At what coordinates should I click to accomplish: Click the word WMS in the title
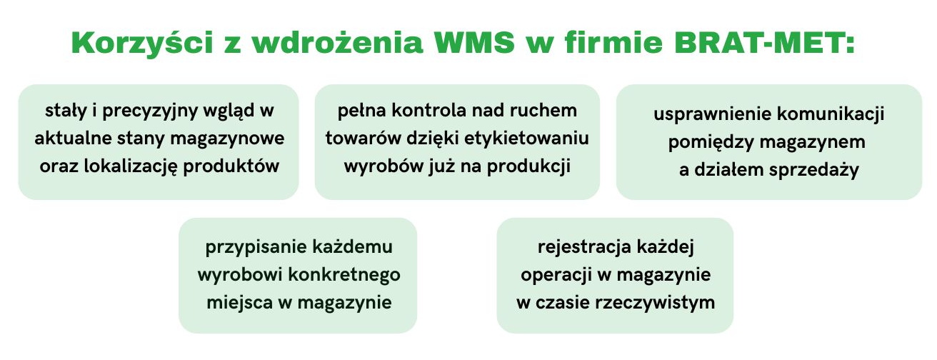[475, 42]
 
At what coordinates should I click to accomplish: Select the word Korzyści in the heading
[143, 42]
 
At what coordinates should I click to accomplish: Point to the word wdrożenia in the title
[338, 42]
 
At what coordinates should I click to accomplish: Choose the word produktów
[231, 167]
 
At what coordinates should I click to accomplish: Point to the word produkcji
[528, 167]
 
